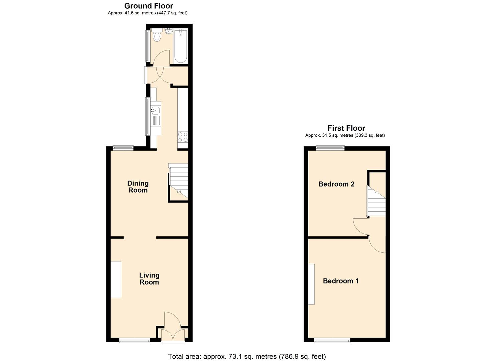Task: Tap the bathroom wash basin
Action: pos(168,32)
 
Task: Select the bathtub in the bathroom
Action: pos(181,46)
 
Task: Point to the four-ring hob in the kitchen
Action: pos(183,137)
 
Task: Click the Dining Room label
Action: pos(138,187)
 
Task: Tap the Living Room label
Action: pos(149,278)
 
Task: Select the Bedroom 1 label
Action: pos(341,281)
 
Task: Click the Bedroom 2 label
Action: pos(336,184)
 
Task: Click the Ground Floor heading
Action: pos(149,6)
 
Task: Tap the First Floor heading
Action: pos(346,128)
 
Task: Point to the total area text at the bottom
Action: pos(247,356)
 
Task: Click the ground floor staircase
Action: pos(179,182)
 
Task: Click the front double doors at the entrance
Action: pos(173,335)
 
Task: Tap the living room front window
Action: pos(135,340)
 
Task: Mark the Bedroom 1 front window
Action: pos(332,340)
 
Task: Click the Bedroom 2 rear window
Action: pos(330,148)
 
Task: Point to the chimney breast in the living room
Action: pos(116,279)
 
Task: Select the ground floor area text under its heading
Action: pos(148,13)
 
